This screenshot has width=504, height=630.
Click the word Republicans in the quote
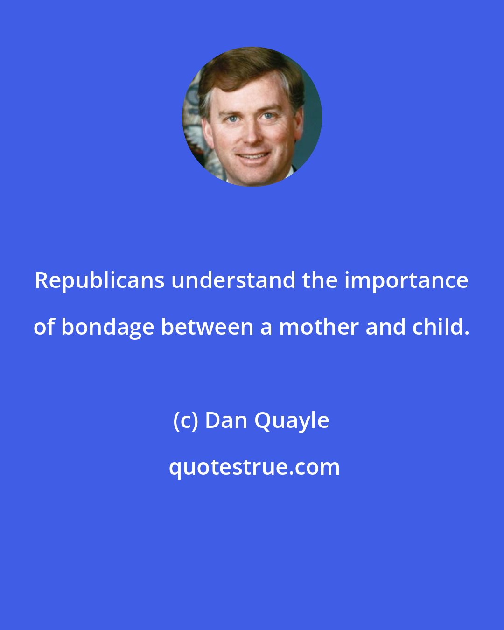(99, 281)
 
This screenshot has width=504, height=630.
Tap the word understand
(234, 281)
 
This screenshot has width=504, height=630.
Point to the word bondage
(107, 328)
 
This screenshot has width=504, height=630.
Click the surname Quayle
(292, 421)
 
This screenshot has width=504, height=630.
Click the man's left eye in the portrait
(268, 116)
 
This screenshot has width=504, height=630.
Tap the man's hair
(247, 70)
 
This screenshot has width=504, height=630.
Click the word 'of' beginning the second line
(44, 328)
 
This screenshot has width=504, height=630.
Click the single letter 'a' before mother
(266, 328)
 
